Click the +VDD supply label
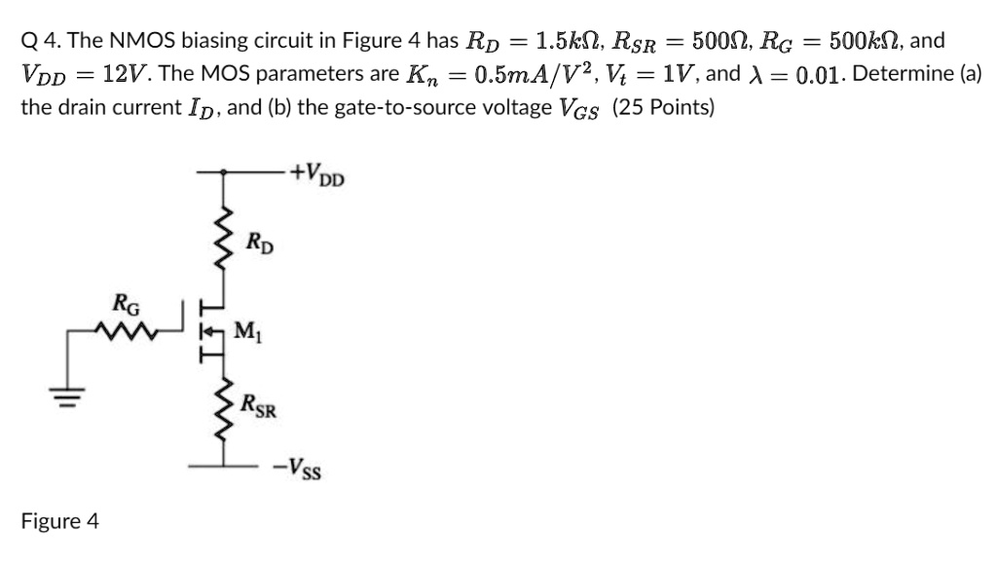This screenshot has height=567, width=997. [324, 176]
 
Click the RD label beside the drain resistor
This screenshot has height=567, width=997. [258, 241]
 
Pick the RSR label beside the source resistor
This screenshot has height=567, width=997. [260, 405]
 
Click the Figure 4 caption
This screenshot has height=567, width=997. [60, 521]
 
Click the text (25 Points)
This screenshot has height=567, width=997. [663, 106]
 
